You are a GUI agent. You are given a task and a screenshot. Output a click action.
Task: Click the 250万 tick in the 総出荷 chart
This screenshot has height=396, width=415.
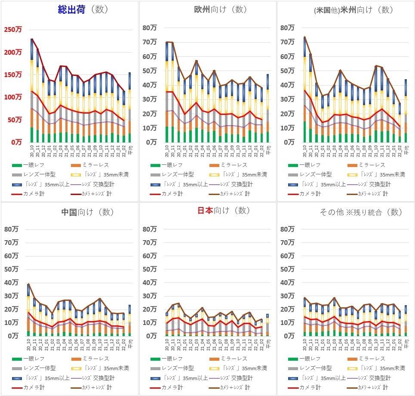13,30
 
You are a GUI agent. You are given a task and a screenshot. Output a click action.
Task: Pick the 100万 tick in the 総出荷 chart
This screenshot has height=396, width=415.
13,97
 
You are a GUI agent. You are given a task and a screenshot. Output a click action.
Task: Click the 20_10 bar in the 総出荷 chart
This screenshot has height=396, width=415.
32,90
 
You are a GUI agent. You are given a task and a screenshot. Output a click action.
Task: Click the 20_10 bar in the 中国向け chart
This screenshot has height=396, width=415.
28,310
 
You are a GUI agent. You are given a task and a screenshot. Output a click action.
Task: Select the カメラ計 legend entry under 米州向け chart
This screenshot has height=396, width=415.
301,194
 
